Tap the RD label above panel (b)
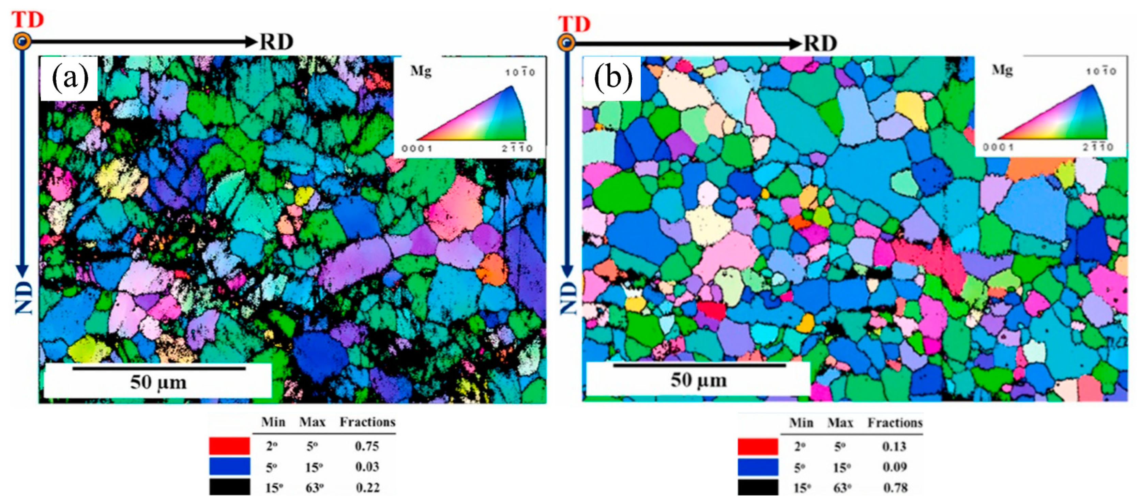(820, 44)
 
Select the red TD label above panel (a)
(27, 20)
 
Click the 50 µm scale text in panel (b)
(699, 380)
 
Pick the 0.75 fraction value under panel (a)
(367, 446)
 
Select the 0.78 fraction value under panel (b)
(895, 488)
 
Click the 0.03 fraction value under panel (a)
(367, 467)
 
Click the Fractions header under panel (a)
(367, 422)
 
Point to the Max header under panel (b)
(840, 423)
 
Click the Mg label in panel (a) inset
(421, 71)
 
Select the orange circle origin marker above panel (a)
(22, 42)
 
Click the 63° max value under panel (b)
(842, 488)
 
